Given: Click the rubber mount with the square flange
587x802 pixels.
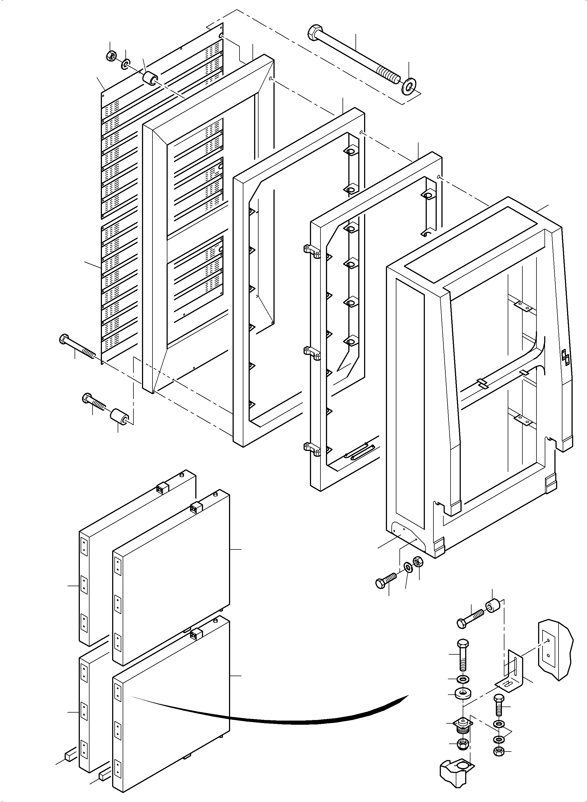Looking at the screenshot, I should [463, 725].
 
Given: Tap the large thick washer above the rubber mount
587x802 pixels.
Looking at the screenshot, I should [463, 693].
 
